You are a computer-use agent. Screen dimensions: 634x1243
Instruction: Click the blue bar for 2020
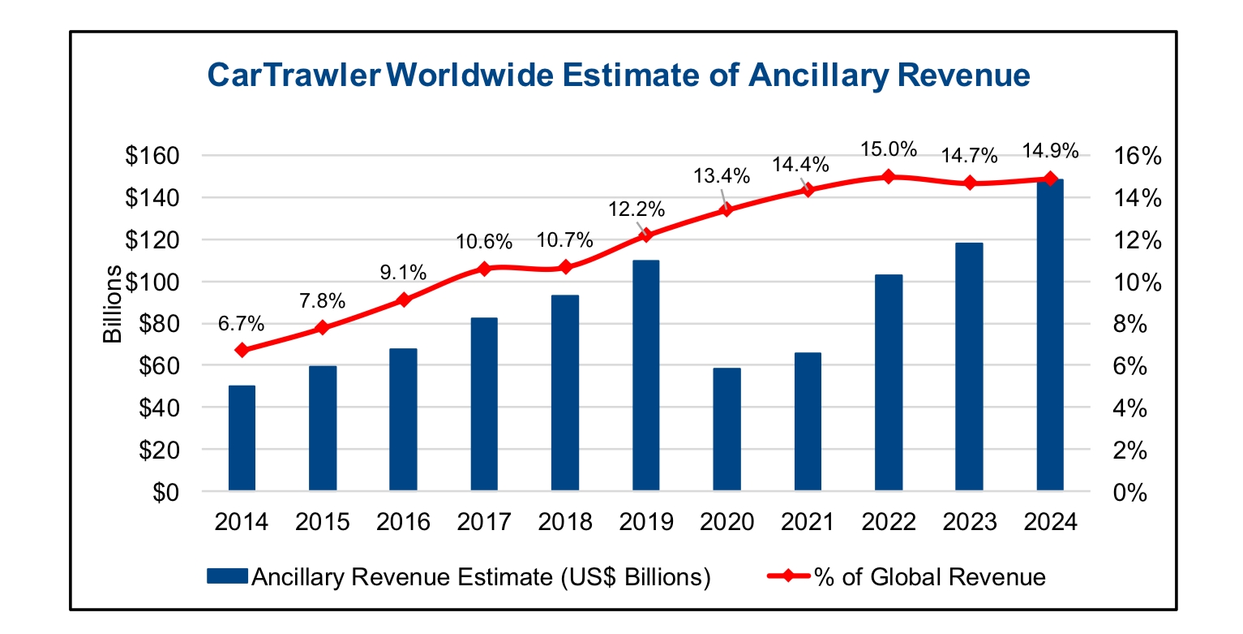(727, 429)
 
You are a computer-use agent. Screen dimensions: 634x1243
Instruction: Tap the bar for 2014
(242, 438)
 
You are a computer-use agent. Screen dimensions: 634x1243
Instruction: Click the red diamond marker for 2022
(888, 176)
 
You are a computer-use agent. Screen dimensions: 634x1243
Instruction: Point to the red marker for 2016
(403, 300)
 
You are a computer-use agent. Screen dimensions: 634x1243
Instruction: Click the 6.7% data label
(241, 324)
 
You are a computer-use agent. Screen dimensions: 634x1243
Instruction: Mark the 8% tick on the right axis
(1129, 324)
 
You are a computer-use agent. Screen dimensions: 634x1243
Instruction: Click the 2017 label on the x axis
(484, 520)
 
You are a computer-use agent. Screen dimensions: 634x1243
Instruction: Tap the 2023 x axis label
(969, 520)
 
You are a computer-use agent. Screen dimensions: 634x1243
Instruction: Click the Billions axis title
(113, 304)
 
